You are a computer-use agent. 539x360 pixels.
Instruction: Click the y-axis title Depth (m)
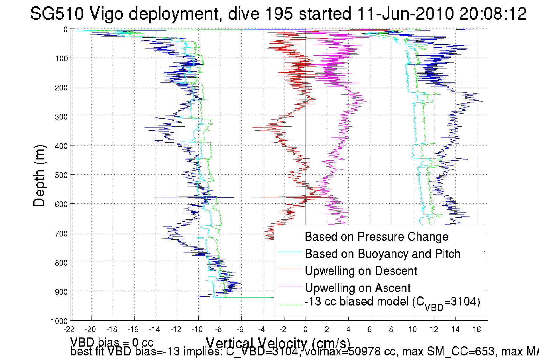[x=39, y=176]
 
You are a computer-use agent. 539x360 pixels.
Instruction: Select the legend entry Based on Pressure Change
[x=377, y=236]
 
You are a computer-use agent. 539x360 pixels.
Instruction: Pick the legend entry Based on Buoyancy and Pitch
[x=382, y=254]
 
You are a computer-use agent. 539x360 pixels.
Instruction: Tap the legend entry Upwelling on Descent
[x=361, y=271]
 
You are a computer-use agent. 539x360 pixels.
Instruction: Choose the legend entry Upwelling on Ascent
[x=357, y=288]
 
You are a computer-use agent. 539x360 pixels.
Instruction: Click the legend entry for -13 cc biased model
[x=392, y=302]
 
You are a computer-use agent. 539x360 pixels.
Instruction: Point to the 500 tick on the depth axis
[x=61, y=175]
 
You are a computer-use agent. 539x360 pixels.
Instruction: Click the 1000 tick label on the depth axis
[x=59, y=321]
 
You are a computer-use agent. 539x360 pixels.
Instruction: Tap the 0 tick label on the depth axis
[x=66, y=30]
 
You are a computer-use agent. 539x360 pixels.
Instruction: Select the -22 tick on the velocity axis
[x=69, y=329]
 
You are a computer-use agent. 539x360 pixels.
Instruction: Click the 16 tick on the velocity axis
[x=477, y=329]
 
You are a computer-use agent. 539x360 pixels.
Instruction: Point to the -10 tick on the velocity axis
[x=197, y=329]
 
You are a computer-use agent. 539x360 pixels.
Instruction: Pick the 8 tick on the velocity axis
[x=391, y=329]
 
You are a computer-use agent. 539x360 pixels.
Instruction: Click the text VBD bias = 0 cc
[x=112, y=342]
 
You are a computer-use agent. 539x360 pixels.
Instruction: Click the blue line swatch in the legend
[x=290, y=235]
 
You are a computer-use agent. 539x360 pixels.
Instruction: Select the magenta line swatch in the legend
[x=290, y=286]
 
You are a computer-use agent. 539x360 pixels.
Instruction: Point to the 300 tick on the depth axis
[x=61, y=117]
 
